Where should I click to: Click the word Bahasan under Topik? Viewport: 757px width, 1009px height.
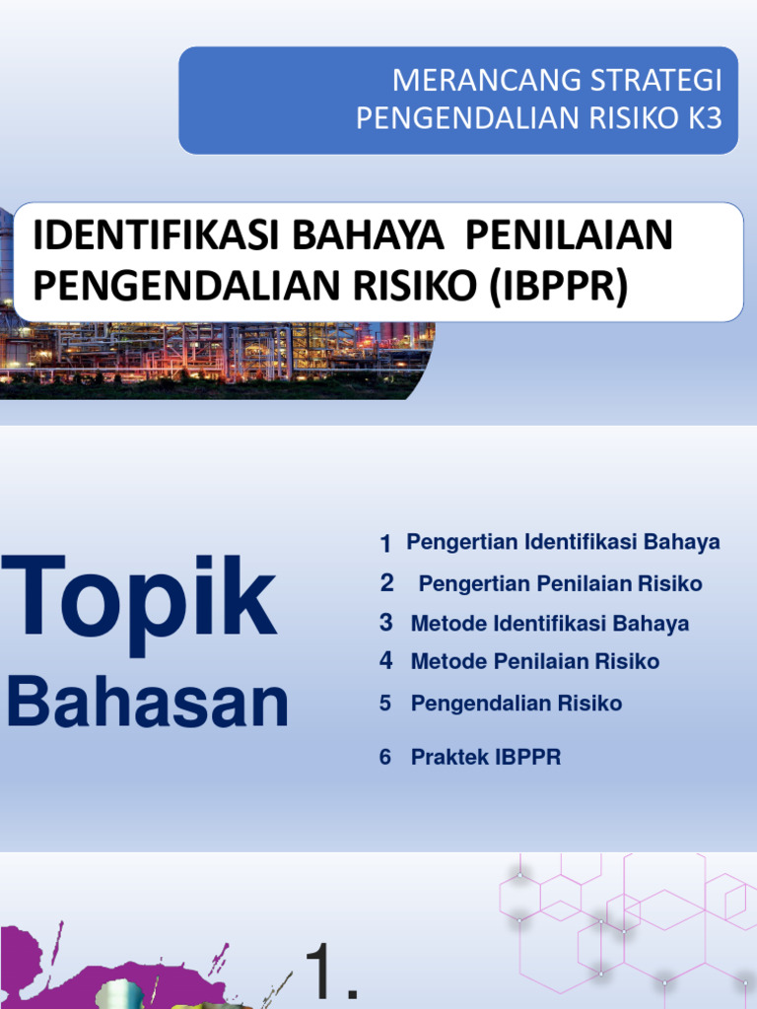click(148, 703)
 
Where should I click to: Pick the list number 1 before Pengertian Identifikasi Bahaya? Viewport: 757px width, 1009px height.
click(385, 544)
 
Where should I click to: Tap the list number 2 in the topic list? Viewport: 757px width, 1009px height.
click(387, 583)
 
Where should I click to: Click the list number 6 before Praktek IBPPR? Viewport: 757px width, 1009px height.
click(385, 758)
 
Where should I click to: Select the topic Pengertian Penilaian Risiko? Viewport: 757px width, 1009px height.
click(560, 584)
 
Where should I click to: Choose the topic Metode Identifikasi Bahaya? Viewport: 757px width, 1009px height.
click(549, 624)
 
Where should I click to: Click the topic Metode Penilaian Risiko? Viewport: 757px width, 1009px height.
click(534, 661)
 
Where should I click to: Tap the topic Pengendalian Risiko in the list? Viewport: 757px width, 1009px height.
click(516, 704)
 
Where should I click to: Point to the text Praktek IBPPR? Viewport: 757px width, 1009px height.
click(485, 758)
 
